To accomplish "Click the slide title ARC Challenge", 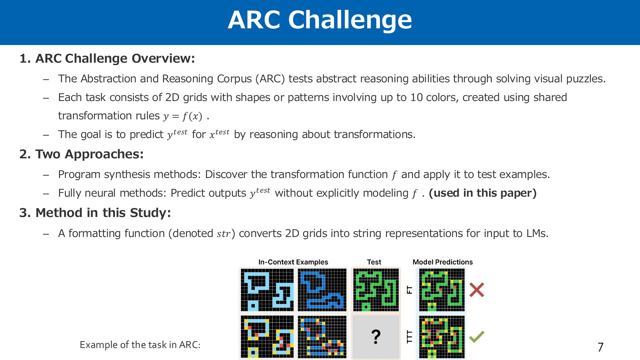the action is pos(320,20).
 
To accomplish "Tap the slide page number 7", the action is pos(601,347).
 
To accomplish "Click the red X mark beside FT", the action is pos(477,290).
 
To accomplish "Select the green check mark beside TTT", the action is pos(477,337).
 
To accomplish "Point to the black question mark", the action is pos(376,337).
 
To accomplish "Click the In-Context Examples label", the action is pos(293,262).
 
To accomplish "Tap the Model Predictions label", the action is pos(443,262).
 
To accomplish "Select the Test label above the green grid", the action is pos(374,262).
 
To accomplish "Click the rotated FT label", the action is pos(410,290).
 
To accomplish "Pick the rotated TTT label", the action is pos(410,337).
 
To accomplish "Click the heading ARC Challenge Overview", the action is pos(107,58).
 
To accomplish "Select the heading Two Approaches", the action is pos(81,154).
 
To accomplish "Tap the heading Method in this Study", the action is pos(95,213).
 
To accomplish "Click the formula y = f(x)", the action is pos(183,116).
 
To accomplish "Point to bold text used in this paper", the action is pos(483,193).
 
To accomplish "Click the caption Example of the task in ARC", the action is pos(140,345).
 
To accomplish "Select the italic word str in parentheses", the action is pos(223,234).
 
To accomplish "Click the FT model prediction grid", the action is pos(442,290).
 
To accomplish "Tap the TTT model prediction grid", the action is pos(442,337).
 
